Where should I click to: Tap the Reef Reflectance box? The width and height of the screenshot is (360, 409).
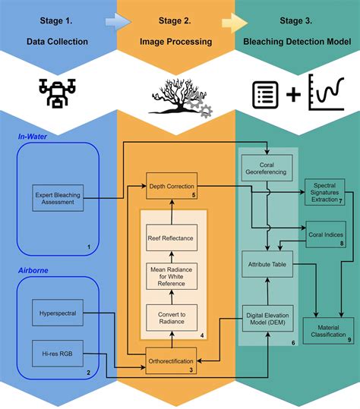point(172,238)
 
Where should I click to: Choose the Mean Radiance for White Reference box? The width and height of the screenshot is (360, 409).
point(172,278)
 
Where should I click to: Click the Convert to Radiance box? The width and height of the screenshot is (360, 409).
point(172,318)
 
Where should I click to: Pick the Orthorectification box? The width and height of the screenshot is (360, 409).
point(172,360)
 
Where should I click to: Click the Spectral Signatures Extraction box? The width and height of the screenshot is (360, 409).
point(324,193)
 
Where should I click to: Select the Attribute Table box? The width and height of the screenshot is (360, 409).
point(266,264)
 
